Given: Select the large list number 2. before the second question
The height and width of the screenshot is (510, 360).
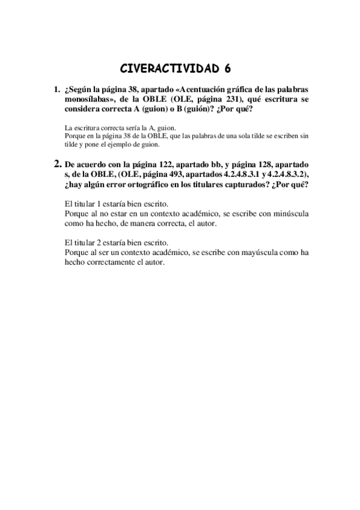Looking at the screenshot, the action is (x=57, y=163).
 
